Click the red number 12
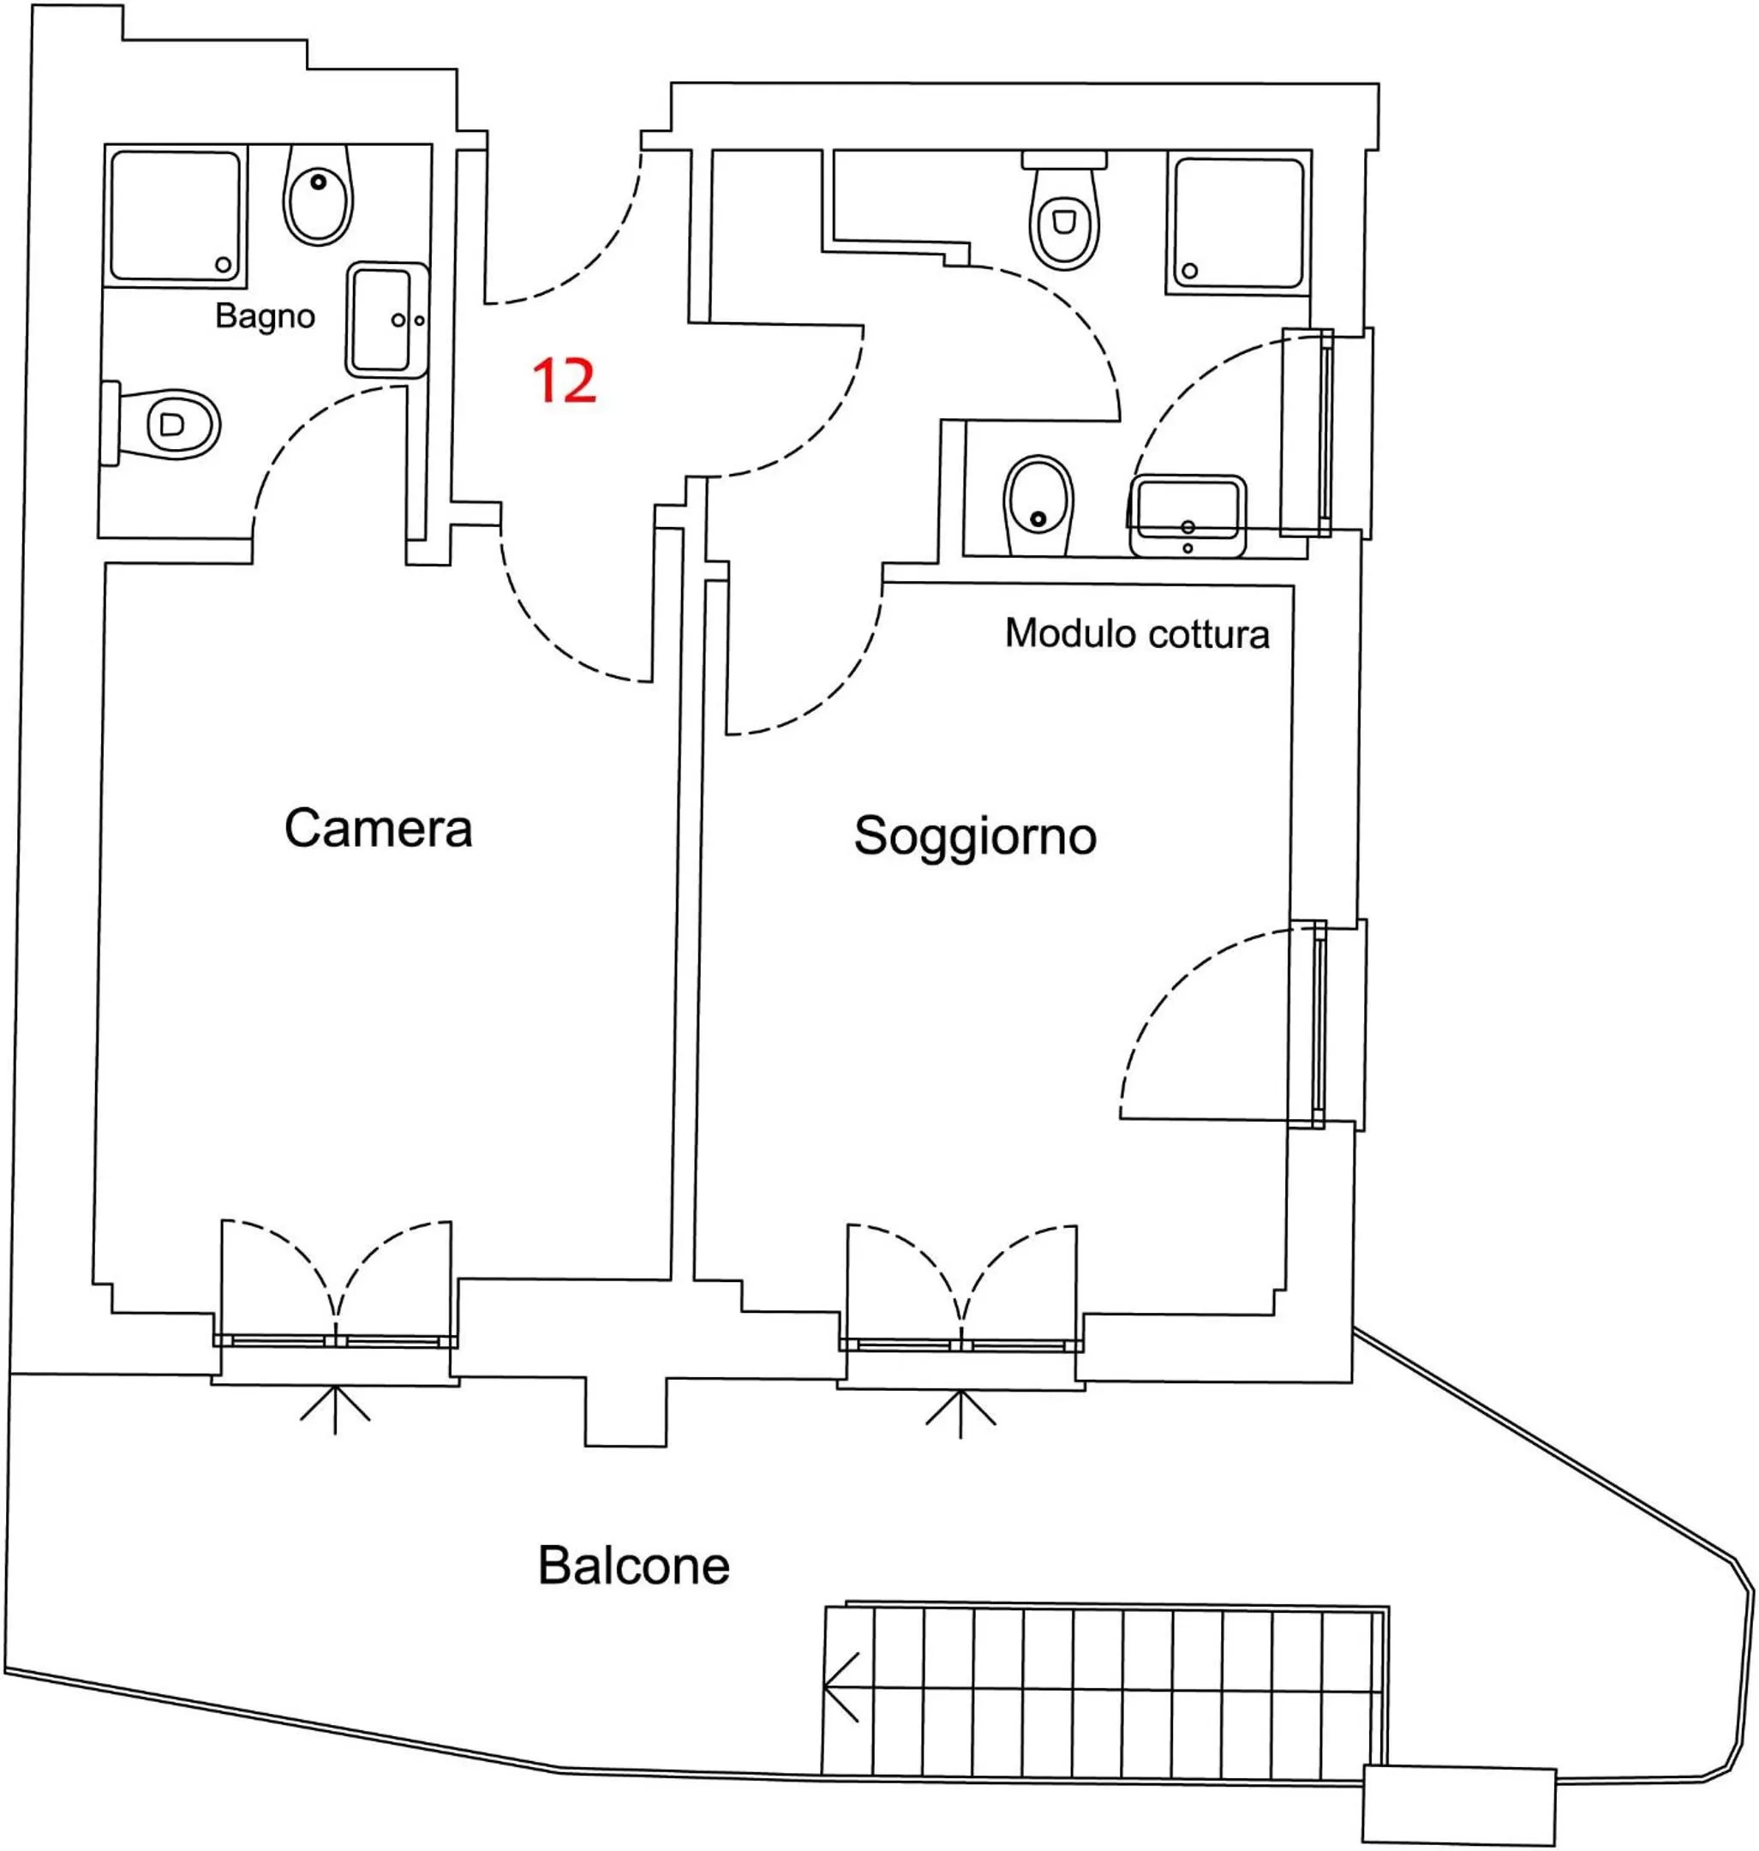tap(564, 380)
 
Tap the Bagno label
tap(265, 316)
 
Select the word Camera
tap(378, 828)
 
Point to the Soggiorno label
tap(974, 835)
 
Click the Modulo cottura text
tap(1136, 634)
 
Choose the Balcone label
tap(633, 1565)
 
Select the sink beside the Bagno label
tap(386, 319)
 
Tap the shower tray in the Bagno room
tap(176, 216)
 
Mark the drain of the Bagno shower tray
tap(223, 265)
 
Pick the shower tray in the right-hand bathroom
tap(1238, 222)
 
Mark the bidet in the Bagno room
tap(318, 195)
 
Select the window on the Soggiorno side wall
tap(1320, 1023)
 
